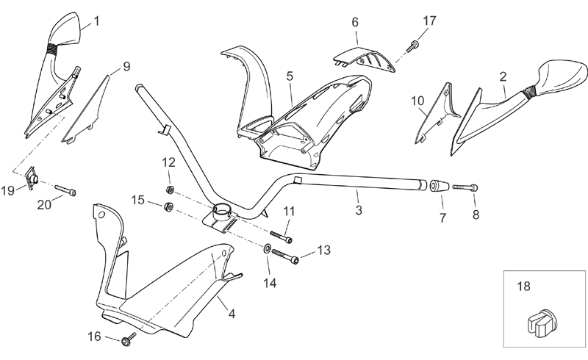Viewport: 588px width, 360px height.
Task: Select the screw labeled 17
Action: pyautogui.click(x=414, y=46)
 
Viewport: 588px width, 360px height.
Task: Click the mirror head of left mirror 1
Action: pyautogui.click(x=64, y=32)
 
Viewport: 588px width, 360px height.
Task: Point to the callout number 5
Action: pyautogui.click(x=290, y=75)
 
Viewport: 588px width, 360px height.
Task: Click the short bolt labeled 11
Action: pyautogui.click(x=281, y=237)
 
